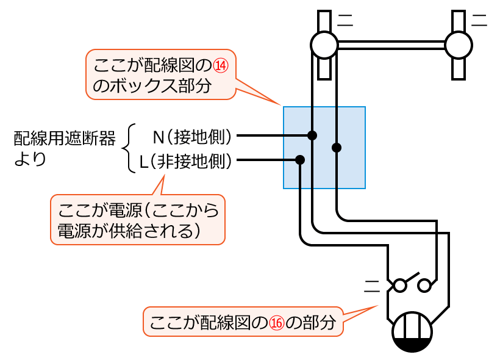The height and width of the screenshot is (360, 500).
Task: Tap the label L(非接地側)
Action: pyautogui.click(x=185, y=161)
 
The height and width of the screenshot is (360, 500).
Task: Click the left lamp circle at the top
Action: pyautogui.click(x=324, y=45)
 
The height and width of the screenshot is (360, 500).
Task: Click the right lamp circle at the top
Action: pyautogui.click(x=459, y=45)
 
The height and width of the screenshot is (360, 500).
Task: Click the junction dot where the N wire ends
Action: pyautogui.click(x=312, y=135)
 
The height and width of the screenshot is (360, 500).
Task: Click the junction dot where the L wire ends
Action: pyautogui.click(x=300, y=160)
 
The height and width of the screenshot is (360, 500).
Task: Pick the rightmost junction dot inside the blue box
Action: pyautogui.click(x=337, y=147)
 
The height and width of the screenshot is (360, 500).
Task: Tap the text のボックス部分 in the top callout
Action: pyautogui.click(x=152, y=86)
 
